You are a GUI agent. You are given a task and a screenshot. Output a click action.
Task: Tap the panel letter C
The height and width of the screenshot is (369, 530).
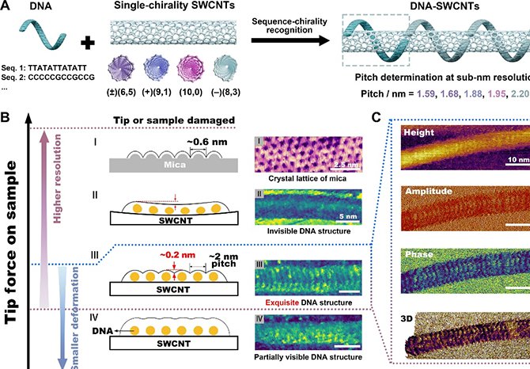tap(377, 118)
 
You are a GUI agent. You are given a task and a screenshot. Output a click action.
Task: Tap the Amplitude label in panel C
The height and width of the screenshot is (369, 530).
tap(428, 192)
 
